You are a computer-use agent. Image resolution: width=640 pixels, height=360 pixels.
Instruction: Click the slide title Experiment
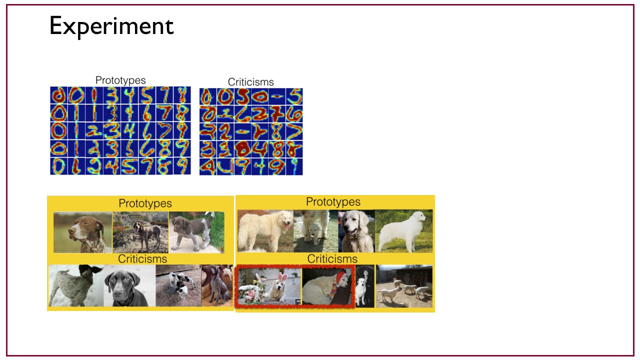point(111,26)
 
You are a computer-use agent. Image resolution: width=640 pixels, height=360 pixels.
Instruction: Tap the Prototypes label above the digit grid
point(120,80)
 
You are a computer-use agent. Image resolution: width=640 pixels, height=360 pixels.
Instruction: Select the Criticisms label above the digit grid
point(250,82)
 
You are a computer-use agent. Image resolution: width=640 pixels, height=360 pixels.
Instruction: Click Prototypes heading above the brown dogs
point(145,203)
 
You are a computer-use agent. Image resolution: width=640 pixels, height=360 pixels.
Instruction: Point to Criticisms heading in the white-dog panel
point(332,259)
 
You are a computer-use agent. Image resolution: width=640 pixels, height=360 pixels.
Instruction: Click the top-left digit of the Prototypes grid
point(58,95)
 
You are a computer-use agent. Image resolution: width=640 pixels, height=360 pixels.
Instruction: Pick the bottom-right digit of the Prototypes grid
point(182,166)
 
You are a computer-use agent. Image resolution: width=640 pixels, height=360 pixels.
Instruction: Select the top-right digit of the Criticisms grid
point(294,96)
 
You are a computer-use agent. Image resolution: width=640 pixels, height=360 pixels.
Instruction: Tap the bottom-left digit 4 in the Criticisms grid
point(207,166)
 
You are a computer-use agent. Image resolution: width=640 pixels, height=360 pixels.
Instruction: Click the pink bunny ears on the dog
point(282,276)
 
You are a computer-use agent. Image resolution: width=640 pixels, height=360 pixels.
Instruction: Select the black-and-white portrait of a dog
point(129,285)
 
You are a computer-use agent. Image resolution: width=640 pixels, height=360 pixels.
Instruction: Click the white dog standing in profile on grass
point(403,231)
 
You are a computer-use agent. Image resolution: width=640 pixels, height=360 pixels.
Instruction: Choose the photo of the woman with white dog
point(365,286)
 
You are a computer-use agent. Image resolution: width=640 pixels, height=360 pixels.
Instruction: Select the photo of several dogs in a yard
point(404,286)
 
